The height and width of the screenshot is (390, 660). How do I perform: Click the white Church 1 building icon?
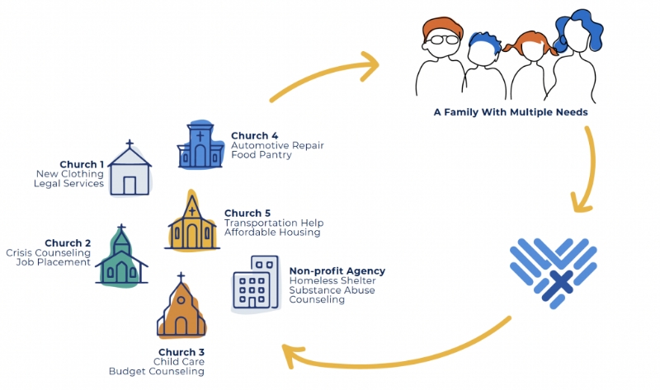(x=130, y=172)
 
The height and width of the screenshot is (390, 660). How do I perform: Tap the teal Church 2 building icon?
(x=121, y=260)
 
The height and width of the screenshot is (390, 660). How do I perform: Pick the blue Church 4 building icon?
(x=200, y=146)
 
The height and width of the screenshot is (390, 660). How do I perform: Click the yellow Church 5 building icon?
(x=192, y=225)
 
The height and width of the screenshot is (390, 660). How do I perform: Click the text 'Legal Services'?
(x=68, y=184)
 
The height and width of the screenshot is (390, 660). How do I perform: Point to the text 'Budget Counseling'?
(x=157, y=372)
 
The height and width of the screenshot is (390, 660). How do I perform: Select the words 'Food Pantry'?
(x=262, y=155)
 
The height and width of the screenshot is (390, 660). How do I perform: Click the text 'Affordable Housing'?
(x=272, y=233)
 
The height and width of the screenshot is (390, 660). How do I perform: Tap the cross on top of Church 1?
(x=129, y=146)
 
